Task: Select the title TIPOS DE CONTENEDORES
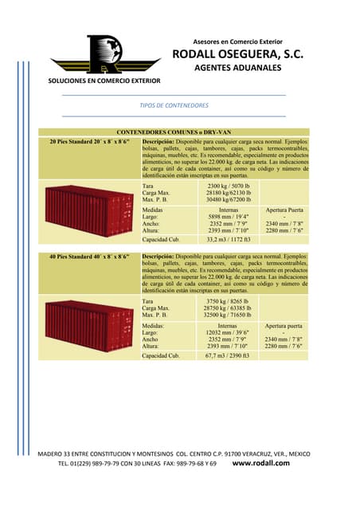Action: [173, 105]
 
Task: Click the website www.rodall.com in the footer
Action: [265, 462]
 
